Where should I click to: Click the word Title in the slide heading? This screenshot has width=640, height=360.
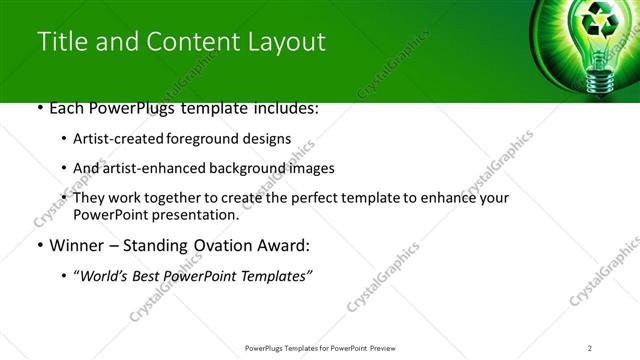(59, 42)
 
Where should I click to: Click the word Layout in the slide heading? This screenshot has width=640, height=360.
(283, 42)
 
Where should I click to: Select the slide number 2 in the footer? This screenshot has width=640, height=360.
(590, 347)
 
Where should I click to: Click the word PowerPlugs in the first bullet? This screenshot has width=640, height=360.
(131, 107)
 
